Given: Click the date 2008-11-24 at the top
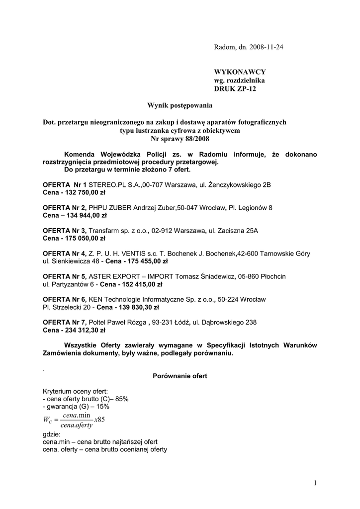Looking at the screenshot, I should pos(269,47).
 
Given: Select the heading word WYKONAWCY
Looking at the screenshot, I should pos(234,72).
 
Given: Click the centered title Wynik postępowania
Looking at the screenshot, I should pos(180,105).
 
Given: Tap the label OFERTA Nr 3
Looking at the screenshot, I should pos(65,231).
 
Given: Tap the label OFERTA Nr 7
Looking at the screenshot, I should pos(65,322).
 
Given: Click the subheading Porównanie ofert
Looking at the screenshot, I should pos(180,376).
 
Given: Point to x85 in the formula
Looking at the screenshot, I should pos(99,420).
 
